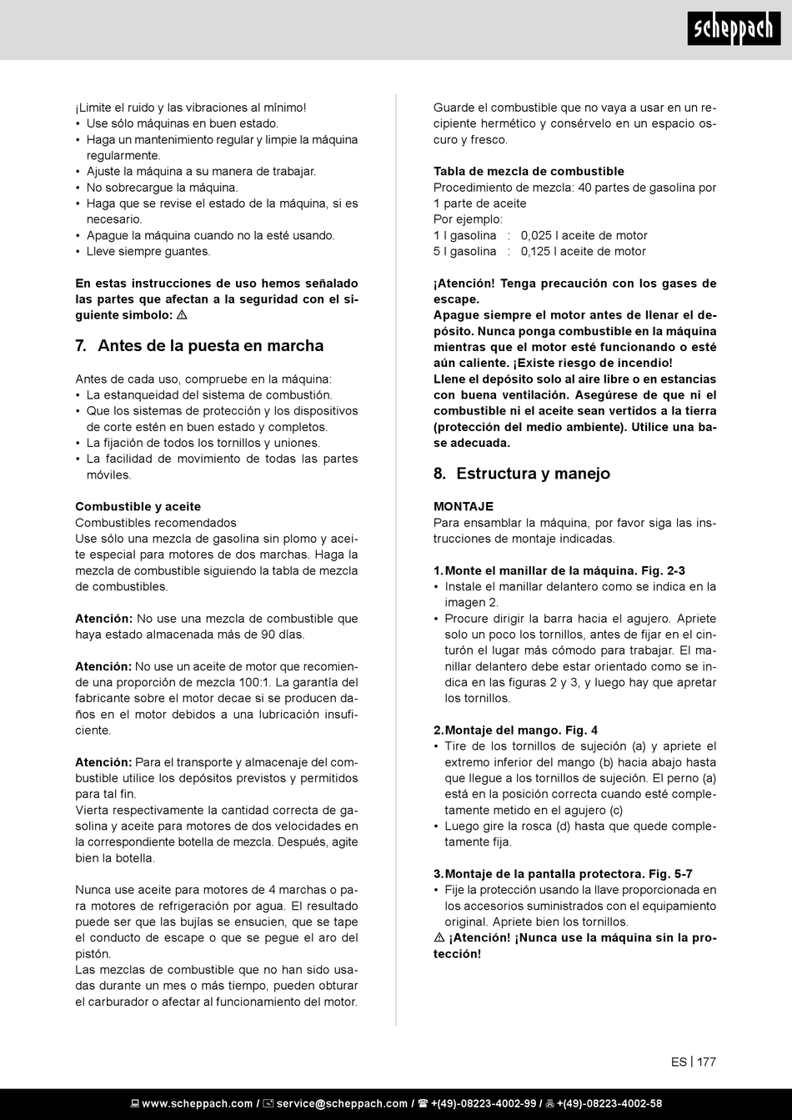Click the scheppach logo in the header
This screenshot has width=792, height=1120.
(x=734, y=29)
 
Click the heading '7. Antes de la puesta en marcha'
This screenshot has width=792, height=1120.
(x=199, y=345)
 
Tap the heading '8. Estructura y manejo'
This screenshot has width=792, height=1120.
(x=522, y=474)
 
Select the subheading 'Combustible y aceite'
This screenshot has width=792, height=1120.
(x=138, y=506)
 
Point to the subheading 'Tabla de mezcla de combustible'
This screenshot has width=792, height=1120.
(x=529, y=171)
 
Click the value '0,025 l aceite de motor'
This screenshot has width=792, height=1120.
(x=584, y=235)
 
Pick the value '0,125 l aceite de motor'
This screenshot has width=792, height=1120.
(x=584, y=251)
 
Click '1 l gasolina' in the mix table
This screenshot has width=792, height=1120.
(x=464, y=235)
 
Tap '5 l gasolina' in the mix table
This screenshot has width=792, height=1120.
(x=464, y=251)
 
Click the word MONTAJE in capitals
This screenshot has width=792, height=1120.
(x=464, y=506)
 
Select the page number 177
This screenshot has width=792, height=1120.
(x=706, y=1062)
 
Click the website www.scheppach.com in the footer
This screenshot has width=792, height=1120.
(x=197, y=1103)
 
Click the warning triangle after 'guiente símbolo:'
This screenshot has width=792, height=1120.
(x=182, y=315)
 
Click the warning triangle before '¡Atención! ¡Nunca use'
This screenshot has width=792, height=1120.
(x=439, y=937)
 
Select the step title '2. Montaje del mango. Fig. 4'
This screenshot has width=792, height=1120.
(x=515, y=730)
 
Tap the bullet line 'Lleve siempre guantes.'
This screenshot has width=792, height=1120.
(x=148, y=251)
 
